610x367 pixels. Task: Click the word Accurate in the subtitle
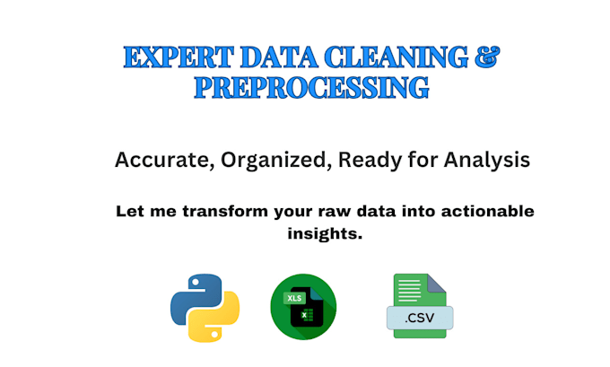pyautogui.click(x=154, y=161)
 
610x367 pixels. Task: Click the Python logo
pyautogui.click(x=205, y=308)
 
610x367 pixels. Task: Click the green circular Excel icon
pyautogui.click(x=303, y=307)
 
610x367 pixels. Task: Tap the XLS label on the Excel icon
pyautogui.click(x=294, y=297)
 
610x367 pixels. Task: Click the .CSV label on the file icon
pyautogui.click(x=419, y=317)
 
